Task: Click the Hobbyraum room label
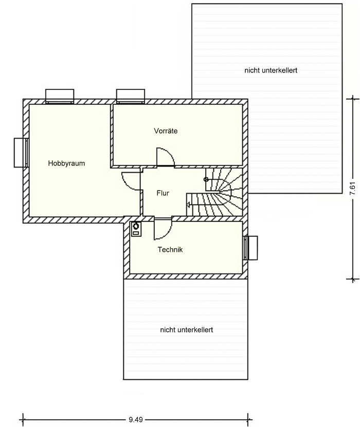[x=66, y=163]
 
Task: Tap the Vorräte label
[x=166, y=131]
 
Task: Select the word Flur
[x=163, y=193]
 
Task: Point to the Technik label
[x=170, y=249]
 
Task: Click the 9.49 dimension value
[x=136, y=420]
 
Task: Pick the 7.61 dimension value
[x=353, y=188]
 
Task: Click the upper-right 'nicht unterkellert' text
[x=271, y=70]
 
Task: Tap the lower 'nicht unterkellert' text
[x=186, y=330]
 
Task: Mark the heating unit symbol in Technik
[x=136, y=229]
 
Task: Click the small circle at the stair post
[x=206, y=179]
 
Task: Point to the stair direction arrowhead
[x=188, y=204]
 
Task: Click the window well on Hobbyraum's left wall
[x=21, y=153]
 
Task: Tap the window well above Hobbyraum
[x=60, y=97]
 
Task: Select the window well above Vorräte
[x=131, y=97]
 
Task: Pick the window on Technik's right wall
[x=250, y=248]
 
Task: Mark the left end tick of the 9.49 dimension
[x=23, y=420]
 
